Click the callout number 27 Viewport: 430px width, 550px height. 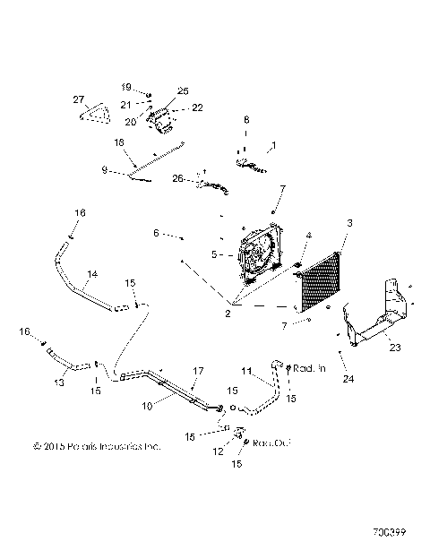point(78,99)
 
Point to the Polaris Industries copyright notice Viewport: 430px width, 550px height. point(96,445)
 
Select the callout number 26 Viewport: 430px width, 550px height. point(178,179)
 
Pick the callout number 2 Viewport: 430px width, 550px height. point(228,314)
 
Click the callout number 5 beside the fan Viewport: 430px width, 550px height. point(215,254)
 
